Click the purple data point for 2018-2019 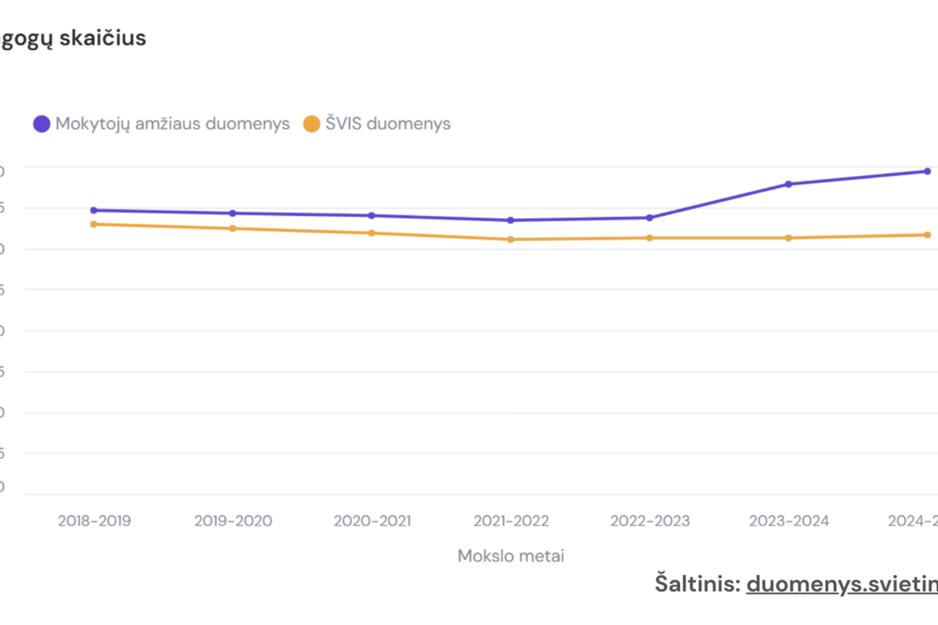(x=94, y=210)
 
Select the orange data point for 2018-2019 (x=94, y=225)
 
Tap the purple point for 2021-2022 (x=511, y=221)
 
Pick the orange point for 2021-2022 (x=511, y=240)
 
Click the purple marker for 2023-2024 (x=789, y=184)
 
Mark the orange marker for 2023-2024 (x=789, y=238)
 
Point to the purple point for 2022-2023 (x=649, y=218)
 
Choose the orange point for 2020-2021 (x=372, y=233)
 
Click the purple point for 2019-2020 (x=233, y=214)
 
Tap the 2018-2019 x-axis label (x=94, y=521)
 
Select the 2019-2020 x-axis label (x=233, y=521)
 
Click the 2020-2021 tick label (x=373, y=521)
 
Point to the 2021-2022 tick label (x=511, y=521)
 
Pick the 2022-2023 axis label (x=650, y=521)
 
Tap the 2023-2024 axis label (x=789, y=521)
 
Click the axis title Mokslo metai (x=511, y=556)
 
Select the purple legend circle (x=42, y=124)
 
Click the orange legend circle (x=312, y=124)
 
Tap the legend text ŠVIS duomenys (x=388, y=124)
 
